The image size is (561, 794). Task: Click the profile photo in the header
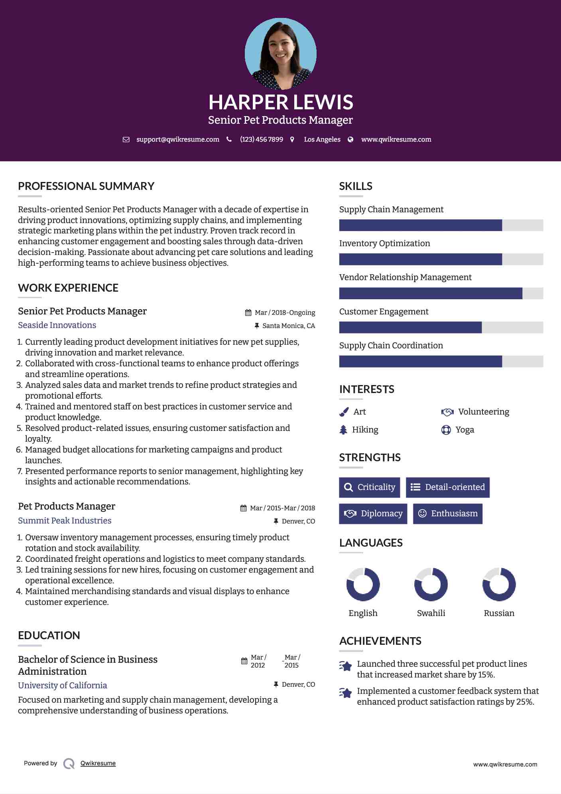tap(280, 53)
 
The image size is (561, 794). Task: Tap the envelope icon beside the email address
tap(126, 140)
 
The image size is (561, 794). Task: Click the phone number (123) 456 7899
tap(261, 140)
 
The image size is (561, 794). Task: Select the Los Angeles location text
tap(322, 140)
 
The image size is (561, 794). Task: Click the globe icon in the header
tap(350, 140)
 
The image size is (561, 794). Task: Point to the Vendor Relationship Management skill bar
tap(441, 293)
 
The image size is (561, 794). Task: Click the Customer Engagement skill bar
tap(441, 327)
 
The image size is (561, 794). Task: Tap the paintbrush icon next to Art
tap(344, 412)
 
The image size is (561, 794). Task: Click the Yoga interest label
tap(465, 430)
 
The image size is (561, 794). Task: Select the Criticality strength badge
tap(369, 487)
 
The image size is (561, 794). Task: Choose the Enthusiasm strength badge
tap(447, 514)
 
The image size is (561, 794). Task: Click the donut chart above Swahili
tap(431, 585)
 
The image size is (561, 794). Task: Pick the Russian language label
tap(499, 613)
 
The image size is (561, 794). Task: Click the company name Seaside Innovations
tap(57, 325)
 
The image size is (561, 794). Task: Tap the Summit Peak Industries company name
tap(65, 521)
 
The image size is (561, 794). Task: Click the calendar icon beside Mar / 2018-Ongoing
tap(248, 313)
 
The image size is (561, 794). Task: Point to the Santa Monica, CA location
tap(288, 326)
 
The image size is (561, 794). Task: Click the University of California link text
tap(63, 685)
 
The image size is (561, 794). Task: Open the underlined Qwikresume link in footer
tap(98, 763)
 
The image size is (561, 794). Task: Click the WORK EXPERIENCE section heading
tap(68, 288)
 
